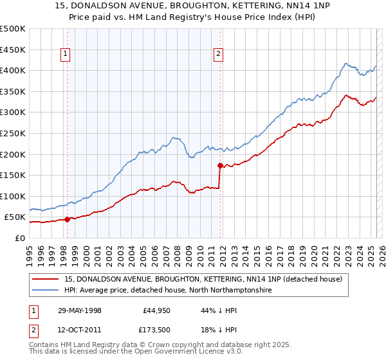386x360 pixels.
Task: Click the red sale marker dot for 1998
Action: tap(68, 219)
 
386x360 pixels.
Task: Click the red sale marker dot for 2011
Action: tap(220, 165)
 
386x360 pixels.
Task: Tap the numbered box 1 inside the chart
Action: tap(66, 55)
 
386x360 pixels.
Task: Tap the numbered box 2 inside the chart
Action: tap(219, 55)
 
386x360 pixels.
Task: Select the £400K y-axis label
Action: tap(13, 70)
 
